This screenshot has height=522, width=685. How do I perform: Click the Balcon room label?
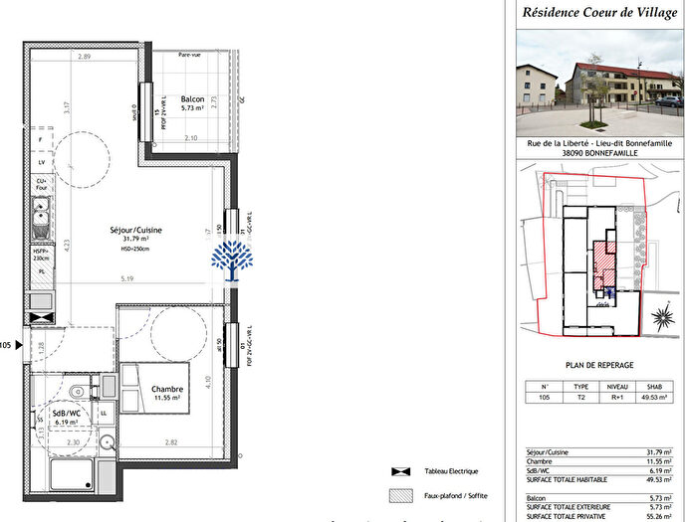point(193,99)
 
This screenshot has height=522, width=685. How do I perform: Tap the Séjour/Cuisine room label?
point(136,230)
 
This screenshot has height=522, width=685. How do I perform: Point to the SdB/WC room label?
point(66,413)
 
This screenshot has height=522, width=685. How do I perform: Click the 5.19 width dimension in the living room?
point(127,279)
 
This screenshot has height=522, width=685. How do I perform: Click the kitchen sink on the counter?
point(42,211)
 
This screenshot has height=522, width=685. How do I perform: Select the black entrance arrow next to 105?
point(17,345)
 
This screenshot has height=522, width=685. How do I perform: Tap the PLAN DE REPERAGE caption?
point(599,365)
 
